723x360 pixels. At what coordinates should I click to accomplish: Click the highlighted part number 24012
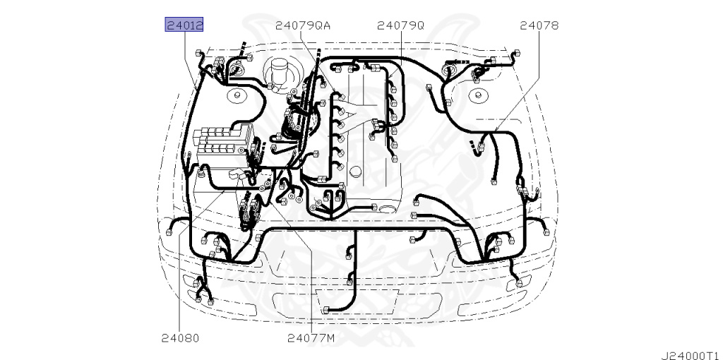[x=184, y=25]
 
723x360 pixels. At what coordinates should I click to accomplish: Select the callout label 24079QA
[x=303, y=25]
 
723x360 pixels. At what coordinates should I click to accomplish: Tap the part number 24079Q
[x=400, y=25]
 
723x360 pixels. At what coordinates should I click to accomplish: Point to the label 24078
[x=539, y=25]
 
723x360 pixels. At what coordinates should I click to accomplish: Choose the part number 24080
[x=180, y=338]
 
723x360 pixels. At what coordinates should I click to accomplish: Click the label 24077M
[x=311, y=338]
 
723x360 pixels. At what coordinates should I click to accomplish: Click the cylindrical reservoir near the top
[x=278, y=73]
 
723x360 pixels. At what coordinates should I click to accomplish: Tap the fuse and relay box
[x=223, y=143]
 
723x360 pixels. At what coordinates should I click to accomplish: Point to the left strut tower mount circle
[x=237, y=96]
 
